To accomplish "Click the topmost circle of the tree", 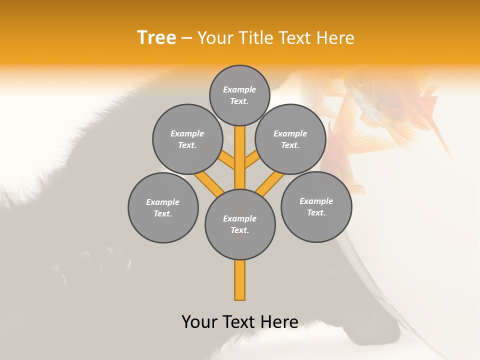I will tap(239, 95).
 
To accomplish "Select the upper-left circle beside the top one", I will tap(187, 139).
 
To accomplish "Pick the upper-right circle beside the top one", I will tap(290, 139).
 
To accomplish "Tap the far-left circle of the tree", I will tap(163, 207).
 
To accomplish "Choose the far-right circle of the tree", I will tap(316, 206).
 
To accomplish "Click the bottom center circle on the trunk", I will tap(240, 224).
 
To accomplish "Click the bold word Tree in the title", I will tap(156, 37).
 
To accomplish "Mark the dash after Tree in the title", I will tap(186, 38).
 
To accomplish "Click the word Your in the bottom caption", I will tap(199, 322).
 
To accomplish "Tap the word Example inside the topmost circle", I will tap(239, 90).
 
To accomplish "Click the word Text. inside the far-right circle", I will tap(316, 212).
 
